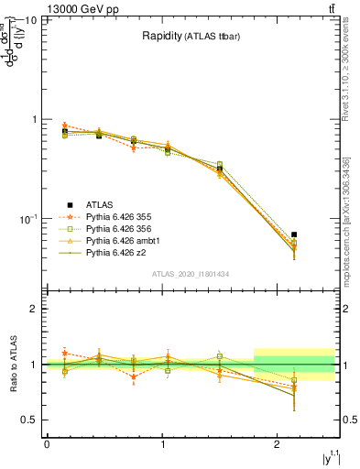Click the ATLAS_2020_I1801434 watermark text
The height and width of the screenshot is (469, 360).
(191, 275)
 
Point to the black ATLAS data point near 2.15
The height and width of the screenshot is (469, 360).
(294, 235)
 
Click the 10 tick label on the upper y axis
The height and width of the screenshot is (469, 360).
(30, 19)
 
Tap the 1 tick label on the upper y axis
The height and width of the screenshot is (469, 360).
(35, 119)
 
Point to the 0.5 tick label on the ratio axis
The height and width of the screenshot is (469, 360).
(30, 420)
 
